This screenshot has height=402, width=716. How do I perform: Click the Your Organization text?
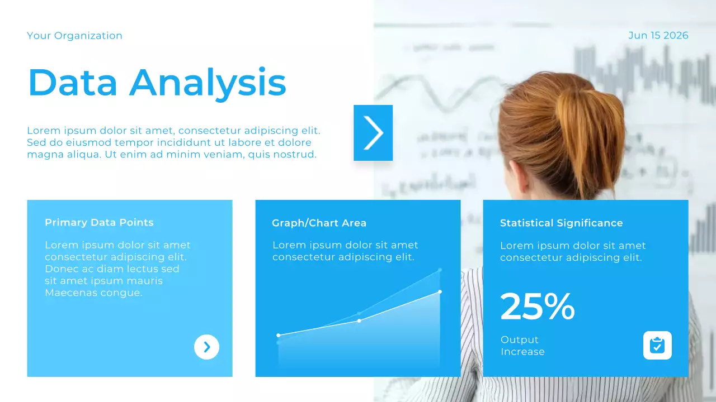[x=74, y=36]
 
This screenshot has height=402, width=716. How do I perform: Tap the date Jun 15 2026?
[x=658, y=36]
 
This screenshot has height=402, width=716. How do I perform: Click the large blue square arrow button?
[x=373, y=133]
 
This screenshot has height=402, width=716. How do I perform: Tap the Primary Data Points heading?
[x=99, y=222]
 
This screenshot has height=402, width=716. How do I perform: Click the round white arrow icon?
[x=206, y=347]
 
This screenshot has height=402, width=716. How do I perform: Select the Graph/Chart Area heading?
[x=319, y=223]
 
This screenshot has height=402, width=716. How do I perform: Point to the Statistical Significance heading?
[x=561, y=223]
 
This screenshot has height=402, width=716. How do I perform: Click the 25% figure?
[x=537, y=307]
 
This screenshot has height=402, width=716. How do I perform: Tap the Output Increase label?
[x=522, y=346]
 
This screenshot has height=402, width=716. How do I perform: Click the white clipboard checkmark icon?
[x=657, y=345]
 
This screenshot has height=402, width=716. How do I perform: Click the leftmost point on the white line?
[x=279, y=335]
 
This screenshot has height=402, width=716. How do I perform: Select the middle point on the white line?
[x=359, y=320]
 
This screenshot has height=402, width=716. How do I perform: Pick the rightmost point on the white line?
[x=440, y=291]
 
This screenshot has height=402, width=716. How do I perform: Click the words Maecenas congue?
[x=93, y=293]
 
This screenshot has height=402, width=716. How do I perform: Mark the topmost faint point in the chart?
[x=440, y=270]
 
